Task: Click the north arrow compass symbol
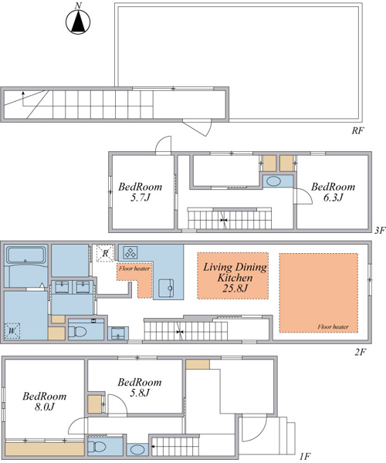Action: pyautogui.click(x=78, y=21)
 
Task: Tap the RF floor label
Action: pyautogui.click(x=357, y=130)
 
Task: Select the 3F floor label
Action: pyautogui.click(x=380, y=230)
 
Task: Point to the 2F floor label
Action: pyautogui.click(x=360, y=352)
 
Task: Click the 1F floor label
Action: pyautogui.click(x=304, y=457)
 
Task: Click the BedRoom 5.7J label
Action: pyautogui.click(x=141, y=192)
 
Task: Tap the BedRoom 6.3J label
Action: pyautogui.click(x=334, y=192)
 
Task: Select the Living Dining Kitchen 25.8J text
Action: pyautogui.click(x=235, y=278)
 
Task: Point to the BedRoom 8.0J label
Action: pyautogui.click(x=45, y=401)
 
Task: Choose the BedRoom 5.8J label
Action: pyautogui.click(x=140, y=387)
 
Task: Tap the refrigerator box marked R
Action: pyautogui.click(x=105, y=253)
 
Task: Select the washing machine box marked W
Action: pyautogui.click(x=12, y=331)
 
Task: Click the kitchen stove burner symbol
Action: pyautogui.click(x=130, y=252)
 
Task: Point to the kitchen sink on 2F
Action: pyautogui.click(x=166, y=288)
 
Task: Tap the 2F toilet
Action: pyautogui.click(x=77, y=331)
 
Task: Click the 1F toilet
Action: pyautogui.click(x=96, y=446)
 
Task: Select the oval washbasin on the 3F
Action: pyautogui.click(x=273, y=181)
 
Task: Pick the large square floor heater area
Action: pyautogui.click(x=319, y=293)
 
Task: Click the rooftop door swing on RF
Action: pyautogui.click(x=198, y=127)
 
